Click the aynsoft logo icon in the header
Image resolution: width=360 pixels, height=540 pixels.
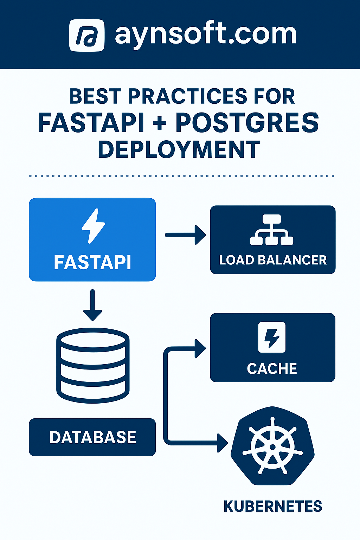(86, 36)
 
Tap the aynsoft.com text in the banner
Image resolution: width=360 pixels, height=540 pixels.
(206, 36)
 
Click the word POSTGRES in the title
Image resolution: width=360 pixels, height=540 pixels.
(247, 123)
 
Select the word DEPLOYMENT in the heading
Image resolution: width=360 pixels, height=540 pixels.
(179, 149)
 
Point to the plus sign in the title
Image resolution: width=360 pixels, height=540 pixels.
(160, 123)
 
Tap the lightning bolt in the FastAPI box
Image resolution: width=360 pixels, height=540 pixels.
(93, 226)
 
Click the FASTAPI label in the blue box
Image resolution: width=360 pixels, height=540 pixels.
(92, 262)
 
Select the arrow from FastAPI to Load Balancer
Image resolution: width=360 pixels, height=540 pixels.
(185, 235)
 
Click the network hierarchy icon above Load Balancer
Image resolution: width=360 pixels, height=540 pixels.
(272, 230)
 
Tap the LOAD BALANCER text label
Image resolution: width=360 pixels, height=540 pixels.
(273, 260)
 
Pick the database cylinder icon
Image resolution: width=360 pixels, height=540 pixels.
(93, 365)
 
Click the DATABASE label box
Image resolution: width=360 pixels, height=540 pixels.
(92, 437)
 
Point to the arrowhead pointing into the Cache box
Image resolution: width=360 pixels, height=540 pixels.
(200, 349)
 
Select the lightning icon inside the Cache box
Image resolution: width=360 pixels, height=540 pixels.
(271, 337)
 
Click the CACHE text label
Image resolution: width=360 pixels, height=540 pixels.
(272, 369)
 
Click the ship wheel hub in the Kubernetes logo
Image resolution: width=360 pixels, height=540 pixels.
(272, 447)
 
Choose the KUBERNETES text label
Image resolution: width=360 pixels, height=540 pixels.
(273, 507)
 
